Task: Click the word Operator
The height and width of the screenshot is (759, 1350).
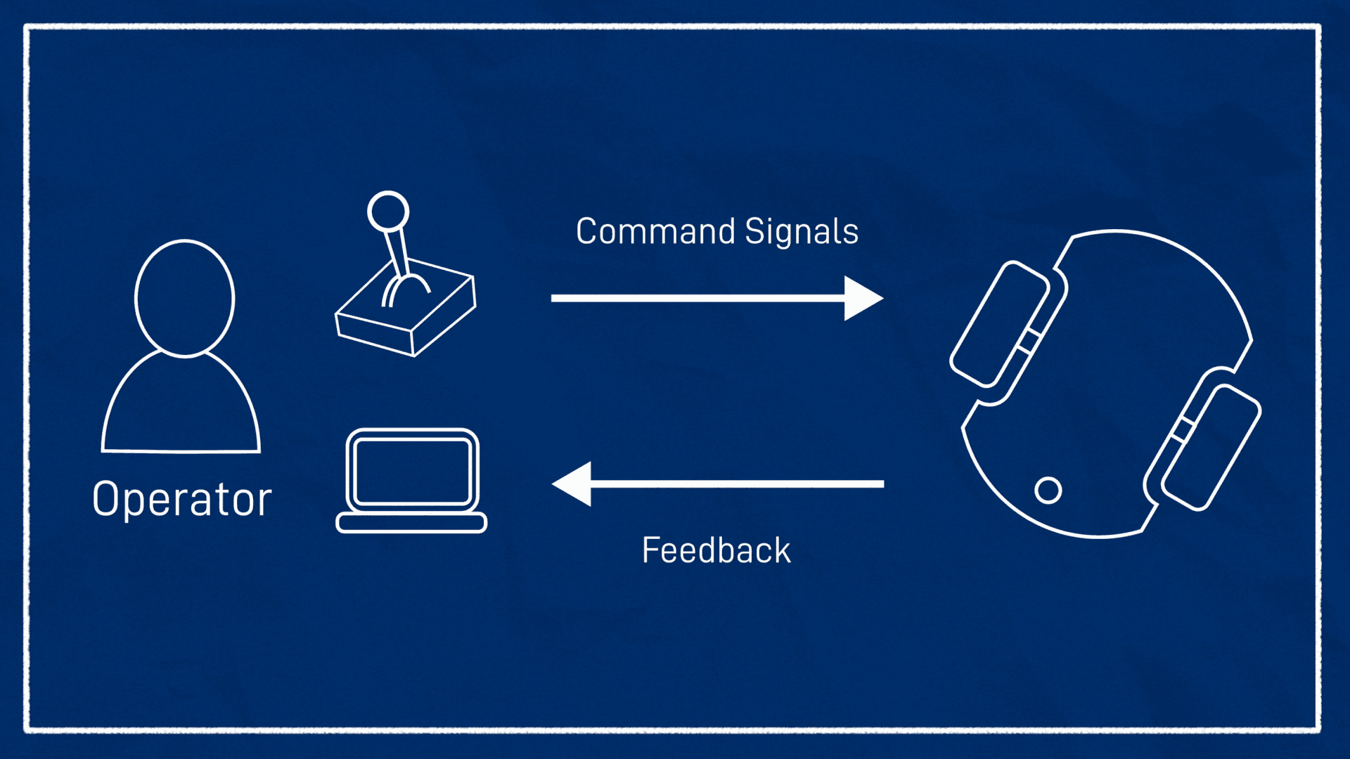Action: pyautogui.click(x=181, y=500)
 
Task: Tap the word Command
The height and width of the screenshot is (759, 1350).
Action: pyautogui.click(x=655, y=231)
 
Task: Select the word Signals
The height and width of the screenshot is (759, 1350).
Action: pyautogui.click(x=802, y=231)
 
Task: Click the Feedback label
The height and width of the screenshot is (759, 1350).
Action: pyautogui.click(x=716, y=550)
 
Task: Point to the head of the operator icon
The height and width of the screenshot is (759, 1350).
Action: pyautogui.click(x=184, y=298)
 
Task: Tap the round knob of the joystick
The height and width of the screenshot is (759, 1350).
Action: pyautogui.click(x=388, y=211)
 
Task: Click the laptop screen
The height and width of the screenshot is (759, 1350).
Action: pyautogui.click(x=412, y=471)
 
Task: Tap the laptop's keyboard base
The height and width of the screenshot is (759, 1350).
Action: pyautogui.click(x=411, y=523)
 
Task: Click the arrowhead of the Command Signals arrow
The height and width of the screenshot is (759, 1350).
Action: pyautogui.click(x=862, y=298)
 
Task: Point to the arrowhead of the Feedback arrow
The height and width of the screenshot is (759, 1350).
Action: pyautogui.click(x=573, y=484)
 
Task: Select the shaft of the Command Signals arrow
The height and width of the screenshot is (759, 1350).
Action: pyautogui.click(x=696, y=298)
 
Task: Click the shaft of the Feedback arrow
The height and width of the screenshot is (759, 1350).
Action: pyautogui.click(x=738, y=484)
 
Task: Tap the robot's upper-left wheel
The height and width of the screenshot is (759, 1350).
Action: pyautogui.click(x=999, y=324)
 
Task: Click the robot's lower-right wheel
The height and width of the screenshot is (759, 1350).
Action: pyautogui.click(x=1211, y=447)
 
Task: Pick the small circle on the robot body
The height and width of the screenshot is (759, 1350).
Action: pyautogui.click(x=1048, y=490)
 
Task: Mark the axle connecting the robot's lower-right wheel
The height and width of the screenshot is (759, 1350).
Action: pyautogui.click(x=1183, y=429)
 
